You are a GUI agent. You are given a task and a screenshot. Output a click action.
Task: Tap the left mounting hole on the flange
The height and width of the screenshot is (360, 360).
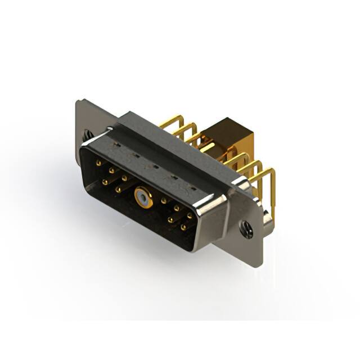point(87,135)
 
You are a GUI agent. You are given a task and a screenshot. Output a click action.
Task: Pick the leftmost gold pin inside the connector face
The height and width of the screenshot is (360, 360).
point(99,164)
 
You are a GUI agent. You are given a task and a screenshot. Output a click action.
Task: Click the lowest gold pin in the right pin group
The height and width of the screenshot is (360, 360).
point(183,228)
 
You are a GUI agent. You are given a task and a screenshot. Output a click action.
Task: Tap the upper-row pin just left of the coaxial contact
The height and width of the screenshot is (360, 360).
point(124,178)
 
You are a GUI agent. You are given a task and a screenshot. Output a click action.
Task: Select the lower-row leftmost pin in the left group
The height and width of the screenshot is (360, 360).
point(104,182)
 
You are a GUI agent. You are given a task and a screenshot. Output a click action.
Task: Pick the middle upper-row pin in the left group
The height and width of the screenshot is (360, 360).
point(111,170)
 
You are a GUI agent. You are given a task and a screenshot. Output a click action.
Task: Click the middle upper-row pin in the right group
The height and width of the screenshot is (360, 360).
point(177,208)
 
